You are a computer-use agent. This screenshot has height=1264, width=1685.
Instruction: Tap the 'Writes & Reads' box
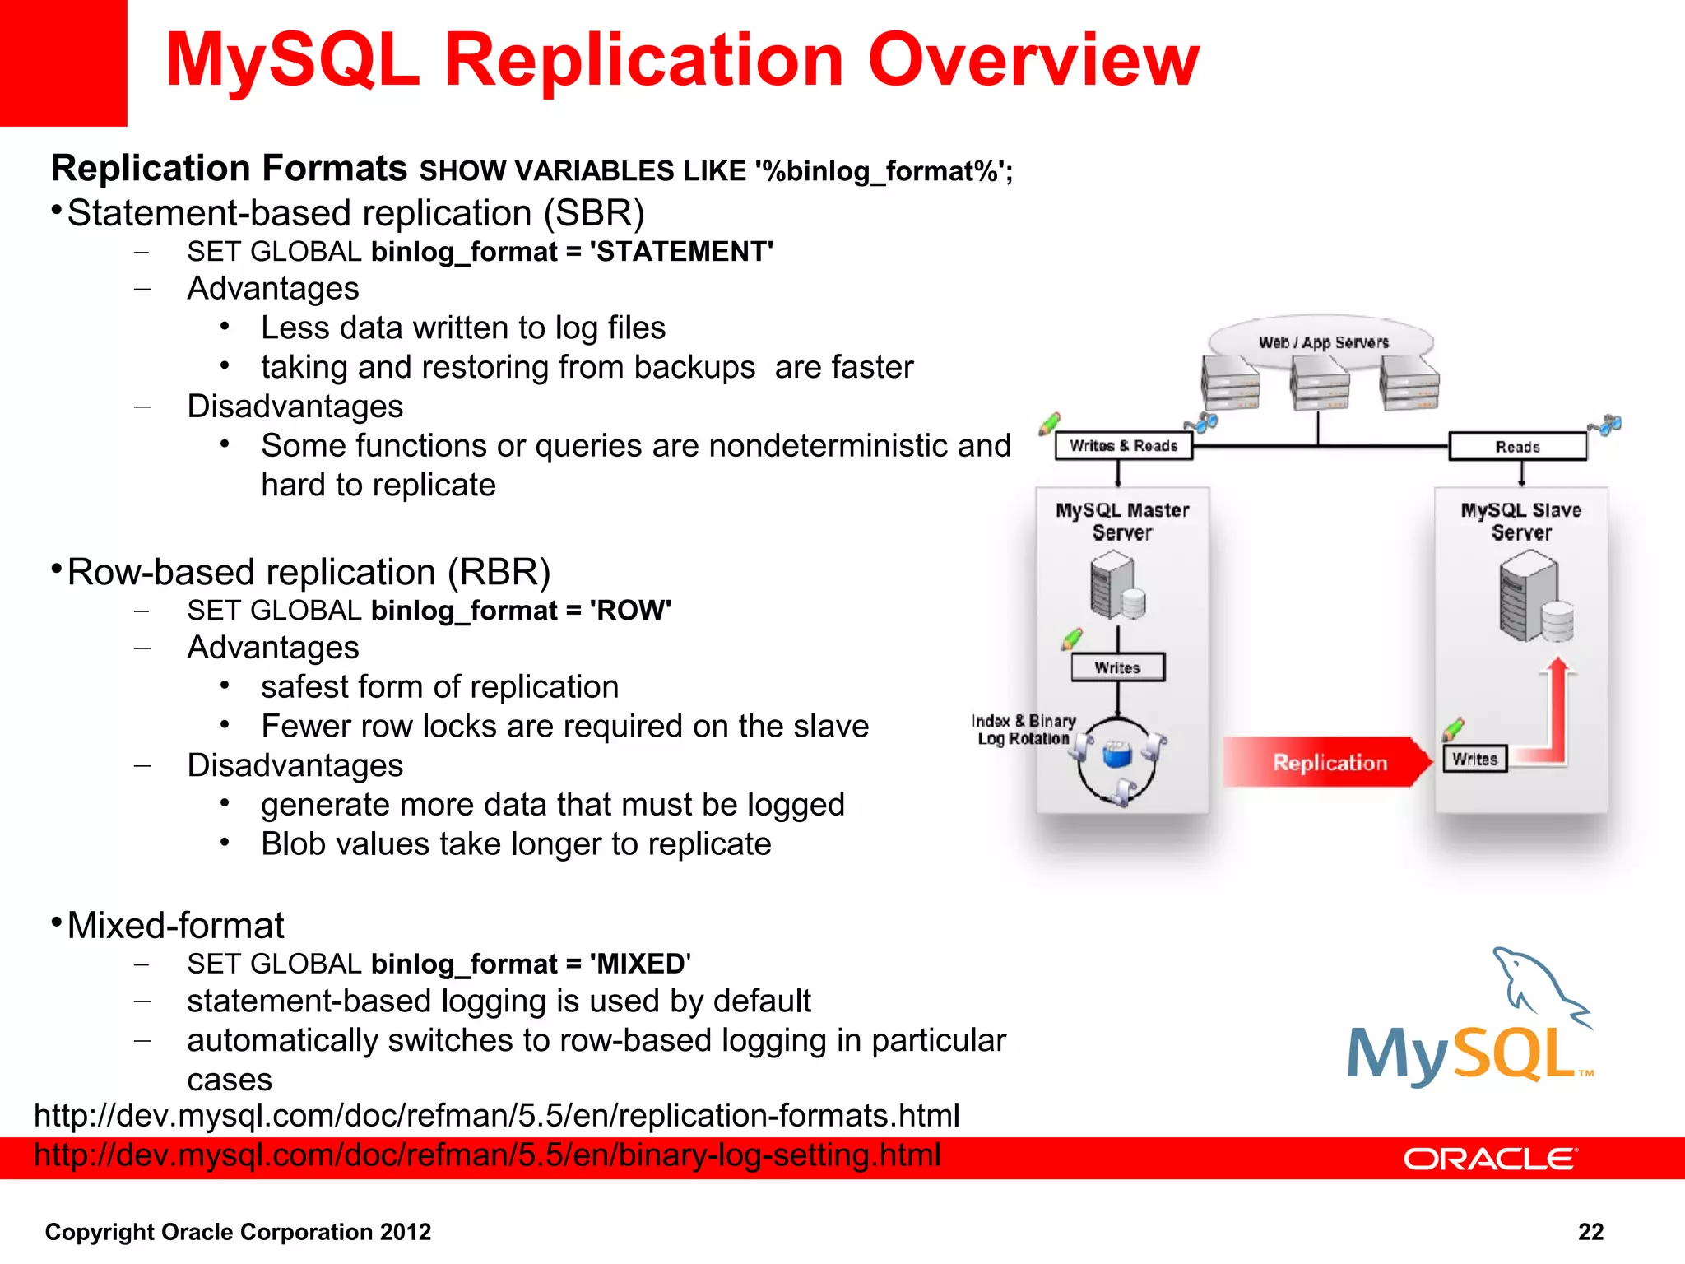point(1123,446)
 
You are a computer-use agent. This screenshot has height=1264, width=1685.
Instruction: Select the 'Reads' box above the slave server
point(1517,447)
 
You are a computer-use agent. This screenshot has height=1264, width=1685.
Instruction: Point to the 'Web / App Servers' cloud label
point(1323,342)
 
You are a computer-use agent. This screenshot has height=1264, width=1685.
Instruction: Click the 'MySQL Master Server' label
point(1122,521)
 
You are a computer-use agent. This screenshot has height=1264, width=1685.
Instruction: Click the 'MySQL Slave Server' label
point(1520,521)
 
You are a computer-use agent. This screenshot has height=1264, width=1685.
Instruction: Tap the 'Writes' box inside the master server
point(1117,667)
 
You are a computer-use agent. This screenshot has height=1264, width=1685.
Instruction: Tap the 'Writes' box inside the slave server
point(1474,759)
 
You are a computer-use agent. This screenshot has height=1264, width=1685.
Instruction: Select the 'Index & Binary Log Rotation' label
point(1024,729)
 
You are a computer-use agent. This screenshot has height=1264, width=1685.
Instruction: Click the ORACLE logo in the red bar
point(1489,1159)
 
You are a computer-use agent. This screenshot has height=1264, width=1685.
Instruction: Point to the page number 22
point(1590,1232)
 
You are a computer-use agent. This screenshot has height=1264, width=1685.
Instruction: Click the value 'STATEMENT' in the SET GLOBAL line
point(681,252)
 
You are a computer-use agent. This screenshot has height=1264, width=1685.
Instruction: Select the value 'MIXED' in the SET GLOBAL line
point(639,964)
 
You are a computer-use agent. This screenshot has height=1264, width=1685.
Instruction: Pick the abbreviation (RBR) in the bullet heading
point(499,572)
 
